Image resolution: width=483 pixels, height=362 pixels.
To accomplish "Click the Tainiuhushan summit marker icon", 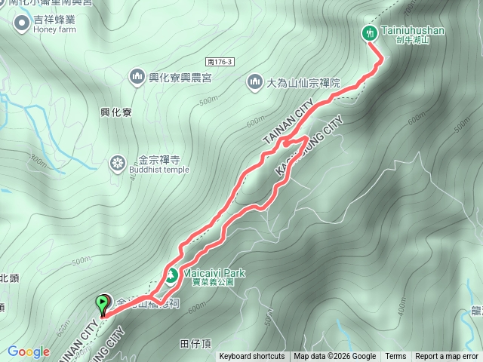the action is click(x=370, y=32).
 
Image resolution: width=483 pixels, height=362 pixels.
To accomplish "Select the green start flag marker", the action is click(x=102, y=304).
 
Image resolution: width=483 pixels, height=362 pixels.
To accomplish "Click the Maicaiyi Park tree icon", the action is click(x=171, y=275).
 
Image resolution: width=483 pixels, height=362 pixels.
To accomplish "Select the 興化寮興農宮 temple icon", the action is click(x=137, y=76).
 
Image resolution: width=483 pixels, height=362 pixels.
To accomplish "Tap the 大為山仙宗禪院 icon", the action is click(x=254, y=81).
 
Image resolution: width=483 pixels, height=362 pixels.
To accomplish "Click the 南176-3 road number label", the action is click(x=220, y=61).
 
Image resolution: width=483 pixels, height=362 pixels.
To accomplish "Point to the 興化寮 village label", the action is click(x=116, y=112).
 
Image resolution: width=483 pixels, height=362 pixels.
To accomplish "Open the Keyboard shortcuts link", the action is click(x=252, y=357).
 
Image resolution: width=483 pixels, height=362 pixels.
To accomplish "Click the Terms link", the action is click(x=395, y=357).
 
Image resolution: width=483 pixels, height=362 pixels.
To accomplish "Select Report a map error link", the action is click(x=447, y=357).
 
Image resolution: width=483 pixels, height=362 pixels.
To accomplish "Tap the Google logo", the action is click(x=29, y=351).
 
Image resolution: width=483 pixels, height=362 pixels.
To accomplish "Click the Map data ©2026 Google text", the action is click(x=335, y=357).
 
